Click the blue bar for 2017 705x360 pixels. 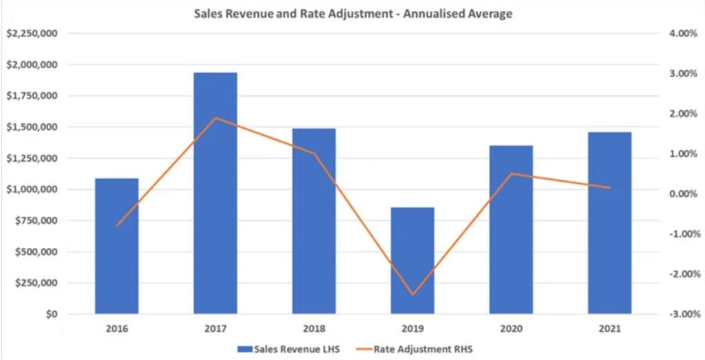click(x=215, y=193)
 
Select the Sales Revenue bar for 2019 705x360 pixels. click(x=412, y=260)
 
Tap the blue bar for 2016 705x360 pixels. click(x=117, y=246)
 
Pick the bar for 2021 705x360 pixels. click(x=610, y=223)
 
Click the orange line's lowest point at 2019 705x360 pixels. click(x=412, y=295)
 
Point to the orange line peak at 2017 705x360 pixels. click(x=215, y=118)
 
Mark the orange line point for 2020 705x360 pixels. click(x=512, y=173)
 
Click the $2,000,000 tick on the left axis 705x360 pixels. click(x=32, y=65)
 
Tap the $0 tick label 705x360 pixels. click(x=51, y=314)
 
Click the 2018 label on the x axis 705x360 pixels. click(x=314, y=329)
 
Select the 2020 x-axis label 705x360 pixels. click(x=512, y=329)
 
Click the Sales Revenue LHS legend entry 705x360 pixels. click(x=288, y=349)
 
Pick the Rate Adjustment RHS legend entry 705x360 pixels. click(x=414, y=349)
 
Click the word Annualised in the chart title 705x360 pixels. click(x=430, y=14)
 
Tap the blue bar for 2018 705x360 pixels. click(x=314, y=221)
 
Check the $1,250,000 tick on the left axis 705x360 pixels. click(x=32, y=158)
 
